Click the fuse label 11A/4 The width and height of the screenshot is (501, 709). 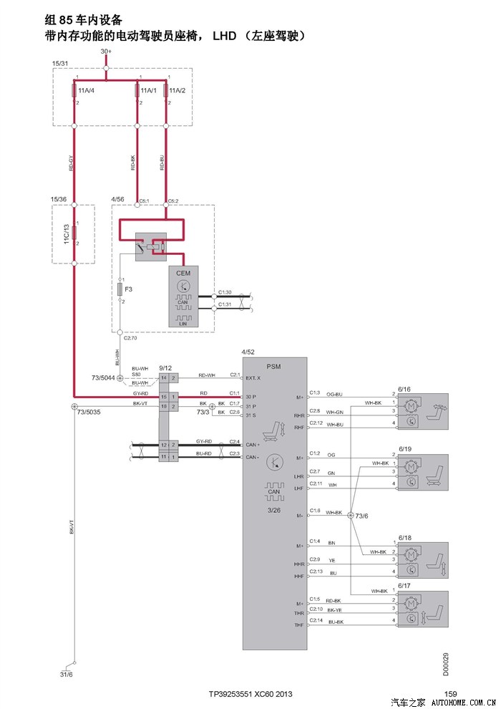pos(87,91)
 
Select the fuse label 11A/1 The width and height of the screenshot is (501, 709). pos(148,91)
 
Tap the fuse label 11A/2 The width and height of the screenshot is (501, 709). pos(177,91)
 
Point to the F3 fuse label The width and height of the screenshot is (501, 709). pos(129,289)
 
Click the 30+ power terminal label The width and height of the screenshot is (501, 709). pos(106,52)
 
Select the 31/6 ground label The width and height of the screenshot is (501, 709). pos(66,675)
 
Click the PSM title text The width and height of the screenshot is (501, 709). pos(273,366)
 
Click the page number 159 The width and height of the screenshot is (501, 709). pos(450,693)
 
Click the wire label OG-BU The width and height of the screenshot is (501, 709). pos(335,394)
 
